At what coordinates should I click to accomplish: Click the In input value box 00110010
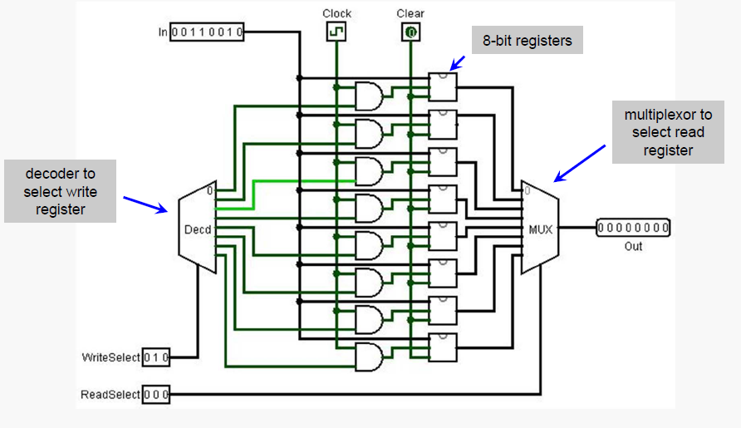(207, 32)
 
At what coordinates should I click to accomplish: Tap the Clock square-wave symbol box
(336, 32)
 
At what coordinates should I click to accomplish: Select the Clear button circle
(411, 32)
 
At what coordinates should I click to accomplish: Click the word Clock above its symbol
(336, 13)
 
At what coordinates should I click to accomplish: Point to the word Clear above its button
(411, 13)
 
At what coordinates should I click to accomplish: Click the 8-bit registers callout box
(528, 40)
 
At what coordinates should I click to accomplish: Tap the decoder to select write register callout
(60, 191)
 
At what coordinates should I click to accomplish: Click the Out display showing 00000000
(633, 228)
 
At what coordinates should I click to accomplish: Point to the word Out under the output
(633, 246)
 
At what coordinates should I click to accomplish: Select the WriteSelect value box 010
(156, 357)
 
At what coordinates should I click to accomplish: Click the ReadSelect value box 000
(156, 394)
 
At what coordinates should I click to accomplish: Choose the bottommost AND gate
(369, 357)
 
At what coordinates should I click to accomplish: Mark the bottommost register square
(443, 347)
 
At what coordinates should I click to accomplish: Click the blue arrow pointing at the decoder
(146, 204)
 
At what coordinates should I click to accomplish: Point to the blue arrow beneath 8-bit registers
(459, 62)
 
